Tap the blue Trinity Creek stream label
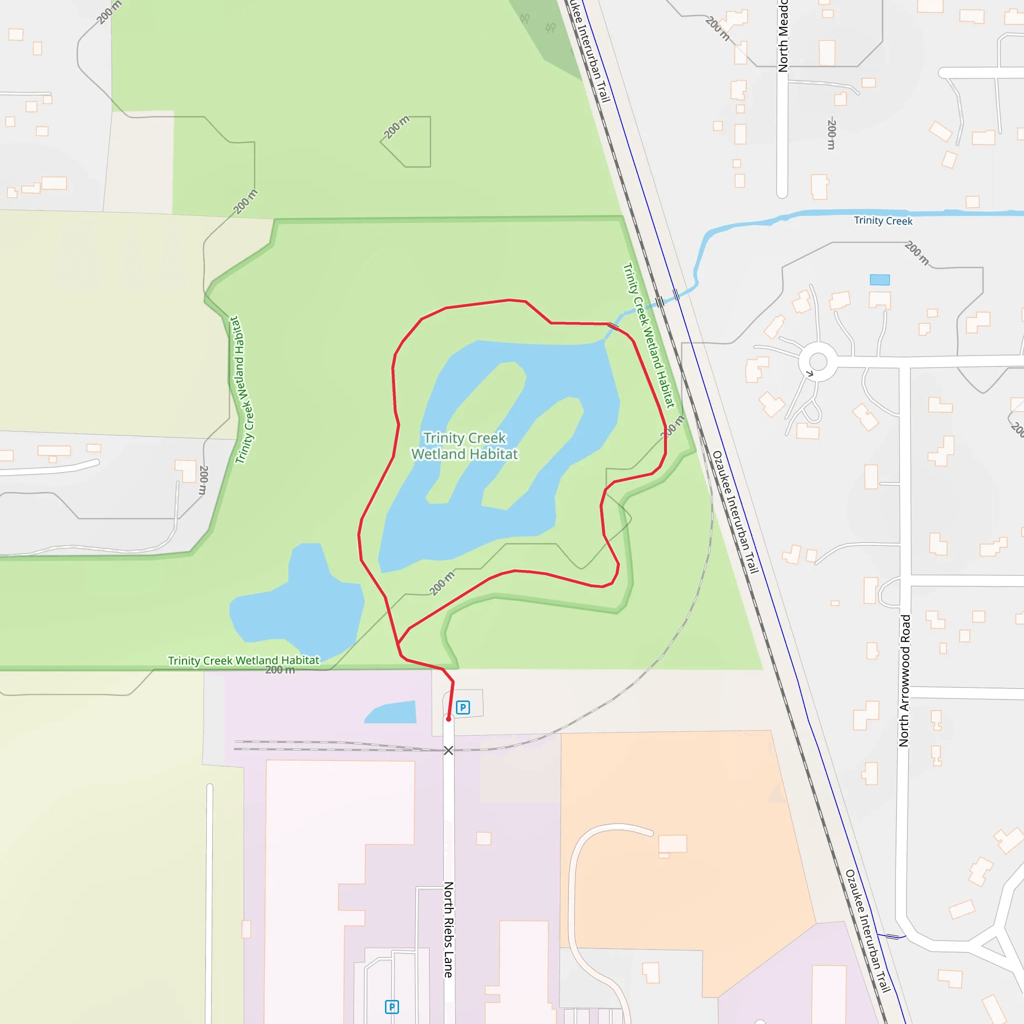[x=882, y=220]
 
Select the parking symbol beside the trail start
[x=462, y=707]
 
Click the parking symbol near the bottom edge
[x=391, y=1006]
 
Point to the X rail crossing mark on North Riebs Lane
[x=448, y=750]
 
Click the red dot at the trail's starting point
[x=448, y=719]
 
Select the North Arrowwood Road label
[x=904, y=680]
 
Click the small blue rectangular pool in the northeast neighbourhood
[x=880, y=280]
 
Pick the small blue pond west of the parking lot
[x=392, y=713]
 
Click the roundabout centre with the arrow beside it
[x=818, y=362]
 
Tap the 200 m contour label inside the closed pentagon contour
[x=396, y=127]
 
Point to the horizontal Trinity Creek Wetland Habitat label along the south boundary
[x=243, y=660]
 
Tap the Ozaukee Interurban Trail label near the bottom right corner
[x=867, y=930]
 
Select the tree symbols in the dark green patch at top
[x=537, y=22]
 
